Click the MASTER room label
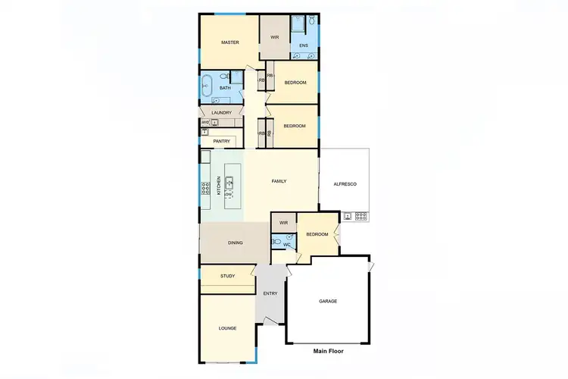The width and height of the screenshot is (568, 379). click(x=230, y=42)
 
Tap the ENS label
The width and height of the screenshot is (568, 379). click(x=303, y=46)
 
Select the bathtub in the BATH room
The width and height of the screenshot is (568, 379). click(x=207, y=86)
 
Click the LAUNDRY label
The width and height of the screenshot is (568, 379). click(x=221, y=113)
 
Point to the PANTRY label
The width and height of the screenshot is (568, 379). click(x=221, y=141)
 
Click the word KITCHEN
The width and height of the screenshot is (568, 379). click(x=220, y=186)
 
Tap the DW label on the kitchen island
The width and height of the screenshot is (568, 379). click(x=227, y=195)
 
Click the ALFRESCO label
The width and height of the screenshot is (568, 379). click(x=345, y=185)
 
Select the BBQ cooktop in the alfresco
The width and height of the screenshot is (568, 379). click(x=360, y=215)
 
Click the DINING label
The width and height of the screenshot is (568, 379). click(x=236, y=243)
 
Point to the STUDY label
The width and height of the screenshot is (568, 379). click(x=227, y=276)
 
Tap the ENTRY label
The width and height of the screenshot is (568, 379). click(x=270, y=293)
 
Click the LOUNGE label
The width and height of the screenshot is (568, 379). click(x=227, y=328)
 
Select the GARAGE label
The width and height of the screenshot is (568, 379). click(x=328, y=301)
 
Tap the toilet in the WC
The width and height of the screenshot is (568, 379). click(x=277, y=243)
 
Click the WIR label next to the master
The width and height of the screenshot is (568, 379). click(x=276, y=36)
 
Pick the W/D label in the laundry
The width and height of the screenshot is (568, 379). click(x=205, y=121)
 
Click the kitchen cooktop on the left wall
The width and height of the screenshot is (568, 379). click(x=204, y=188)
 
